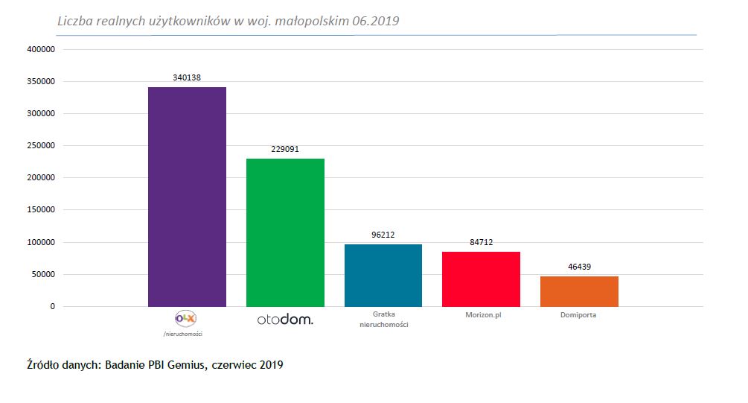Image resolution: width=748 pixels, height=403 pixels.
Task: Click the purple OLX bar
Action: point(187,197)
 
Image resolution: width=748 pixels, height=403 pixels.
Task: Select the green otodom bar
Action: point(285,232)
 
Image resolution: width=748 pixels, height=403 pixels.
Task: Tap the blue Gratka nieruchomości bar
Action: point(383,275)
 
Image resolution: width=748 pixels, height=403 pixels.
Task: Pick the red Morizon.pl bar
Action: point(481,279)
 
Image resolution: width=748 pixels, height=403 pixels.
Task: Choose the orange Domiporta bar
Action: point(579,291)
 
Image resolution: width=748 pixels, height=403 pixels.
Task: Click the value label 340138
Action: point(187,77)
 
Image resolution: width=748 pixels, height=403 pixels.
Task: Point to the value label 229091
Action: point(285,149)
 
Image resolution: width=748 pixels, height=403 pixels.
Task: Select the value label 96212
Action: point(383,235)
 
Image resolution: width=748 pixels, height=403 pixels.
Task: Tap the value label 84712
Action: point(481,242)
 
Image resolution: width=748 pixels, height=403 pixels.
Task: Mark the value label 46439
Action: point(579,266)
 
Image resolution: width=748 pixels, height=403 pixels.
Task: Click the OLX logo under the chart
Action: point(185,318)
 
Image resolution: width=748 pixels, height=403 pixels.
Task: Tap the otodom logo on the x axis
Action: point(285,320)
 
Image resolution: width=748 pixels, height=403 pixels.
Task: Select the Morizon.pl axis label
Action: point(481,315)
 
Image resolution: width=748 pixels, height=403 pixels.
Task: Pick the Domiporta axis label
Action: point(579,315)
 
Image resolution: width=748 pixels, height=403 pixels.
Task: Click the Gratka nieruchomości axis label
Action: point(383,320)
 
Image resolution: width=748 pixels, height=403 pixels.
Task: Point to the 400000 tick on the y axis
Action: point(41,50)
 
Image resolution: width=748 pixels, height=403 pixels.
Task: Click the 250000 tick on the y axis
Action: point(41,146)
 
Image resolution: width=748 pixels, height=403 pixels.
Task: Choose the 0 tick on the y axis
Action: point(52,306)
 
